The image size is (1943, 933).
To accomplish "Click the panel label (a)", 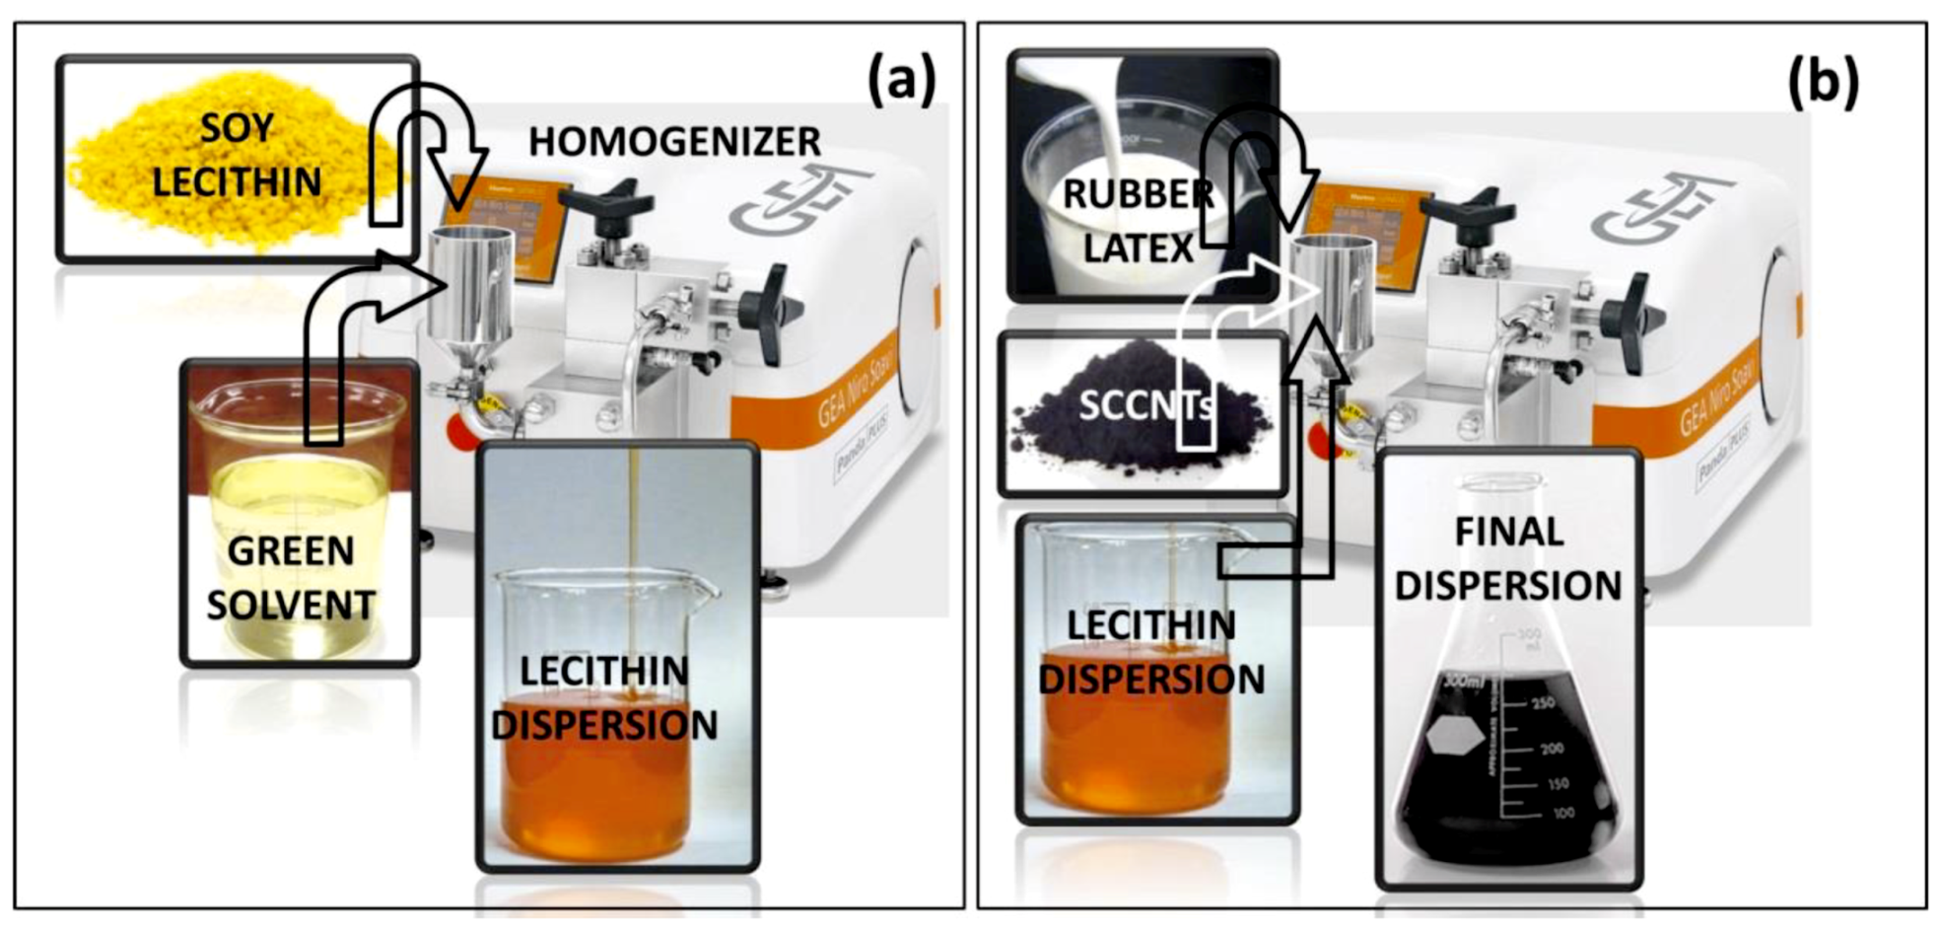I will pyautogui.click(x=901, y=81).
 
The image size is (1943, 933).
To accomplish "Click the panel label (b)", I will pyautogui.click(x=1824, y=81).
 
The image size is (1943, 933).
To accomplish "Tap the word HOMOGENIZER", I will pyautogui.click(x=674, y=142).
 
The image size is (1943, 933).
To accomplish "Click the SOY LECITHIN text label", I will pyautogui.click(x=237, y=156).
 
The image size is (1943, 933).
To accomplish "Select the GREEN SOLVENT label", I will pyautogui.click(x=291, y=578).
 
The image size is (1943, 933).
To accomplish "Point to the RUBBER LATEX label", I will pyautogui.click(x=1138, y=221).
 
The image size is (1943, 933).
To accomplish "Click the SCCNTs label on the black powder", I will pyautogui.click(x=1144, y=405).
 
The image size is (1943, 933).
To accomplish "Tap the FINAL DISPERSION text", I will pyautogui.click(x=1508, y=558).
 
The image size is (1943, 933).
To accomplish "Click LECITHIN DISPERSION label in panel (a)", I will pyautogui.click(x=603, y=698).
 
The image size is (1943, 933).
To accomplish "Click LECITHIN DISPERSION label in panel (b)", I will pyautogui.click(x=1151, y=652).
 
